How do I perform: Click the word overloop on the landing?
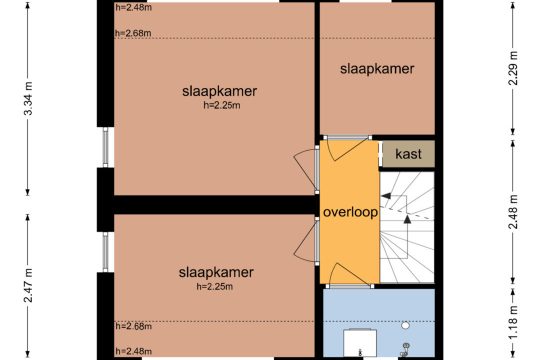pos(350,212)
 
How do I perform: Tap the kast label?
pos(408,154)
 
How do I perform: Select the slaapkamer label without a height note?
pos(377,69)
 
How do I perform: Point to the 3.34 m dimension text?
pos(28,99)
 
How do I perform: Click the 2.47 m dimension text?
pos(28,286)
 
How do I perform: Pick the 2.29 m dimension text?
pos(513,68)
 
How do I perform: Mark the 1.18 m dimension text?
pos(513,322)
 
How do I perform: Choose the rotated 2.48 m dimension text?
pos(513,212)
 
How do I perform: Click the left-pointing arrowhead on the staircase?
pos(386,196)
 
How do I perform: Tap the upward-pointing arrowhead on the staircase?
pos(407,219)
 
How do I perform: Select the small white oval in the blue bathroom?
pos(405,325)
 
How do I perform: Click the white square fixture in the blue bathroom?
pos(360,343)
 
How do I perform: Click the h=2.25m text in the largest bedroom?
pos(222,105)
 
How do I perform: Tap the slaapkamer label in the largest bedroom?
pos(219,92)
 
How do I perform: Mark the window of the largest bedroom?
pos(105,147)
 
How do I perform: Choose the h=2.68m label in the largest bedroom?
pos(133,33)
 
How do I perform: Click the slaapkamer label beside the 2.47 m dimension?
pos(216,272)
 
